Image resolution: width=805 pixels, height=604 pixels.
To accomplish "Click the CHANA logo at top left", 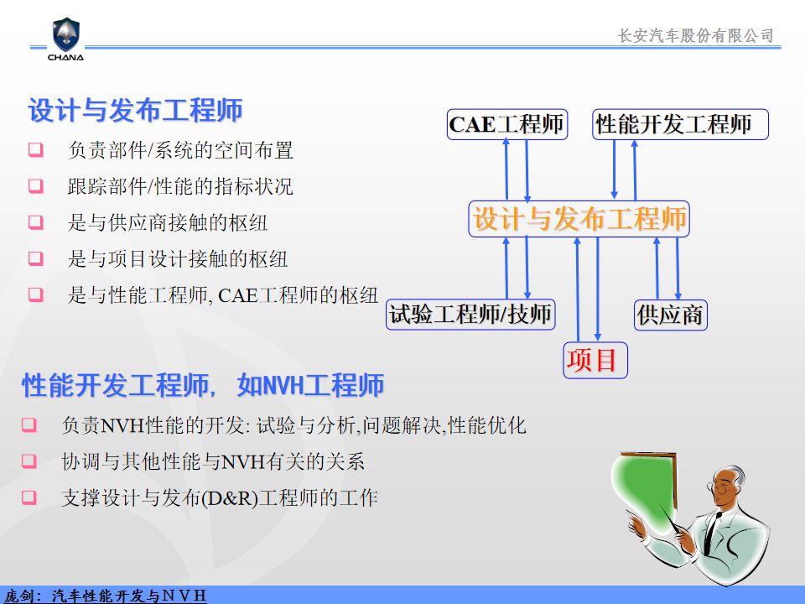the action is click(x=66, y=39).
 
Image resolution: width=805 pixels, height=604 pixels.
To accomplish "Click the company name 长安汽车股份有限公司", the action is click(x=695, y=35).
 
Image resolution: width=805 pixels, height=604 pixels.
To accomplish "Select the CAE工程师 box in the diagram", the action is click(x=507, y=124).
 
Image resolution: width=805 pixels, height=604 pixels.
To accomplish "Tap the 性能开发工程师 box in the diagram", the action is click(x=680, y=124).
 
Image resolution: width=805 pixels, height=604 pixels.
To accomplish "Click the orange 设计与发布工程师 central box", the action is click(x=579, y=219).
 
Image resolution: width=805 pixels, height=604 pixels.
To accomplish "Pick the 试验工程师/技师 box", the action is click(x=470, y=315).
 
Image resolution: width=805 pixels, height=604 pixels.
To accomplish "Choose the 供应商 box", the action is click(x=671, y=315).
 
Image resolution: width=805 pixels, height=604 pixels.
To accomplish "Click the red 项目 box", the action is click(x=595, y=360).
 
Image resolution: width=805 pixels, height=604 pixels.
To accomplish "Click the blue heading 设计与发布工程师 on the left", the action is click(x=135, y=111).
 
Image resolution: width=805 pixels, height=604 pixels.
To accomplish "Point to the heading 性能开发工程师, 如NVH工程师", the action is click(x=203, y=385).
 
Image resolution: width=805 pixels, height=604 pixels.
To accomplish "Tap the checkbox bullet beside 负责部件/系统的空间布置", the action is click(x=35, y=150).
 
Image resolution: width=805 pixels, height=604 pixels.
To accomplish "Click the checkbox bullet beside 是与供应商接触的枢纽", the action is click(x=35, y=222).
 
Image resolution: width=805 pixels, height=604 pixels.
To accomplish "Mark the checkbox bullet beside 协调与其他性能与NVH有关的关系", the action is click(x=29, y=461).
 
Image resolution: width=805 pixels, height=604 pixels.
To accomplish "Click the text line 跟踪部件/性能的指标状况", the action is click(x=180, y=186).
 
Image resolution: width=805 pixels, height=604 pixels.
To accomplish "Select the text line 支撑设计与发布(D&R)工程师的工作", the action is click(x=220, y=497).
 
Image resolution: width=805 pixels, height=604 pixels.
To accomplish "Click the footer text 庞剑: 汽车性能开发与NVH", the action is click(x=106, y=596).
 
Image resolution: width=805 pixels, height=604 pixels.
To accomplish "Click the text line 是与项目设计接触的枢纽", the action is click(x=178, y=259).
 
